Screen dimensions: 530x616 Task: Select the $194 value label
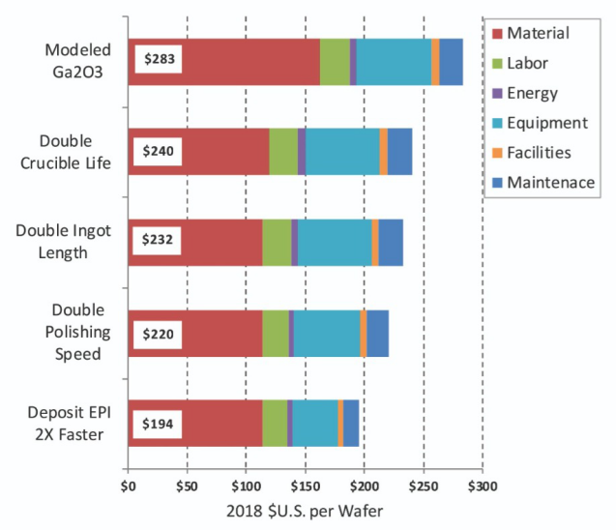[x=159, y=424]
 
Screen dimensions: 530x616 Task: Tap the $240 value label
[x=159, y=151]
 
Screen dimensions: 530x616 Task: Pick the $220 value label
[x=159, y=333]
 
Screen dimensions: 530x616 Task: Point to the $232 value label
[x=159, y=240]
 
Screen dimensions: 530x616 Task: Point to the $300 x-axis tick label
[x=482, y=484]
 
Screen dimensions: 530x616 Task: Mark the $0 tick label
[x=128, y=484]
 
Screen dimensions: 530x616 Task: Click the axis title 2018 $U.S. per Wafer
[x=305, y=510]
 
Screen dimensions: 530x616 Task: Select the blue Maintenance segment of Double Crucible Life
[x=399, y=151]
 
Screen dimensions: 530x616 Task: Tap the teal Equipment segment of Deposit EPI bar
[x=314, y=424]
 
